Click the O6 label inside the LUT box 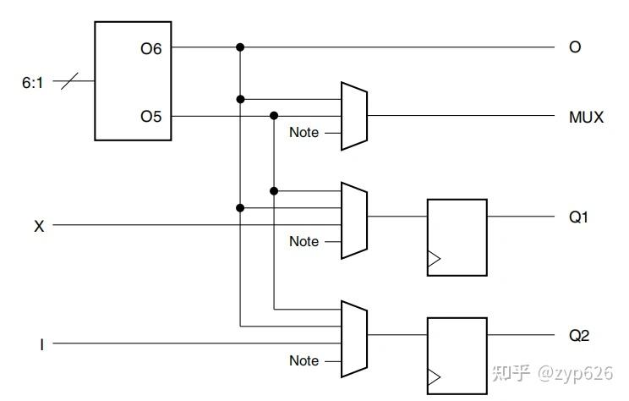pyautogui.click(x=151, y=48)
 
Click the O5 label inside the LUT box pyautogui.click(x=151, y=116)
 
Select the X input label pyautogui.click(x=38, y=226)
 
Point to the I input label pyautogui.click(x=41, y=344)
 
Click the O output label pyautogui.click(x=575, y=47)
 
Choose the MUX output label pyautogui.click(x=586, y=117)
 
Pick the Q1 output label pyautogui.click(x=578, y=217)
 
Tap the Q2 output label pyautogui.click(x=578, y=336)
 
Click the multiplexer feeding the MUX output pyautogui.click(x=353, y=116)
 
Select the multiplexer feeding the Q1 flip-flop pyautogui.click(x=353, y=217)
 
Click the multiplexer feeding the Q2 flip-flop pyautogui.click(x=353, y=336)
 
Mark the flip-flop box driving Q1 pyautogui.click(x=457, y=237)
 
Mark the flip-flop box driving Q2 pyautogui.click(x=457, y=355)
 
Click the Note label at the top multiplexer pyautogui.click(x=304, y=133)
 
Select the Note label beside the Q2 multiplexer pyautogui.click(x=304, y=361)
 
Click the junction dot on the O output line pyautogui.click(x=241, y=47)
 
